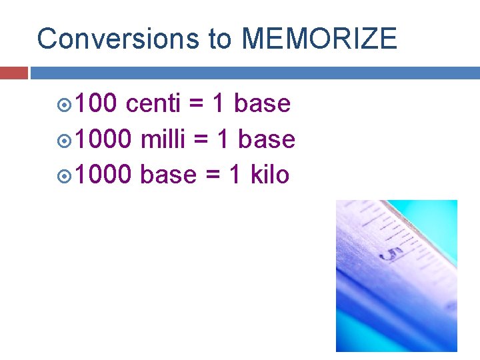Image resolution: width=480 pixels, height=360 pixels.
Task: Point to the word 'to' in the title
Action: (x=220, y=39)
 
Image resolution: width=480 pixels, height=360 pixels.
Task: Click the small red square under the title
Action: (x=13, y=73)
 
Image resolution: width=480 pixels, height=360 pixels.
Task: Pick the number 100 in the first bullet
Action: (x=96, y=104)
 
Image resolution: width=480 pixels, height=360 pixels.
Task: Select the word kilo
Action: (x=269, y=175)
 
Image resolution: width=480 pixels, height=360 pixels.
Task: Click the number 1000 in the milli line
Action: (x=104, y=139)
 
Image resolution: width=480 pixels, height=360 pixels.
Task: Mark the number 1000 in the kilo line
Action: (x=104, y=175)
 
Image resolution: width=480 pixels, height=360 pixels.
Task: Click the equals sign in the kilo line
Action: (x=213, y=175)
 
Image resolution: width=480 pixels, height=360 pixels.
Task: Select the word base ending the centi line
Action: (x=262, y=104)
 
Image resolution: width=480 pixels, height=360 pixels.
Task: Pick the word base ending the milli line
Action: (x=267, y=139)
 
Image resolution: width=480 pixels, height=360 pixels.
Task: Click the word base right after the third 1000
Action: (x=169, y=175)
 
